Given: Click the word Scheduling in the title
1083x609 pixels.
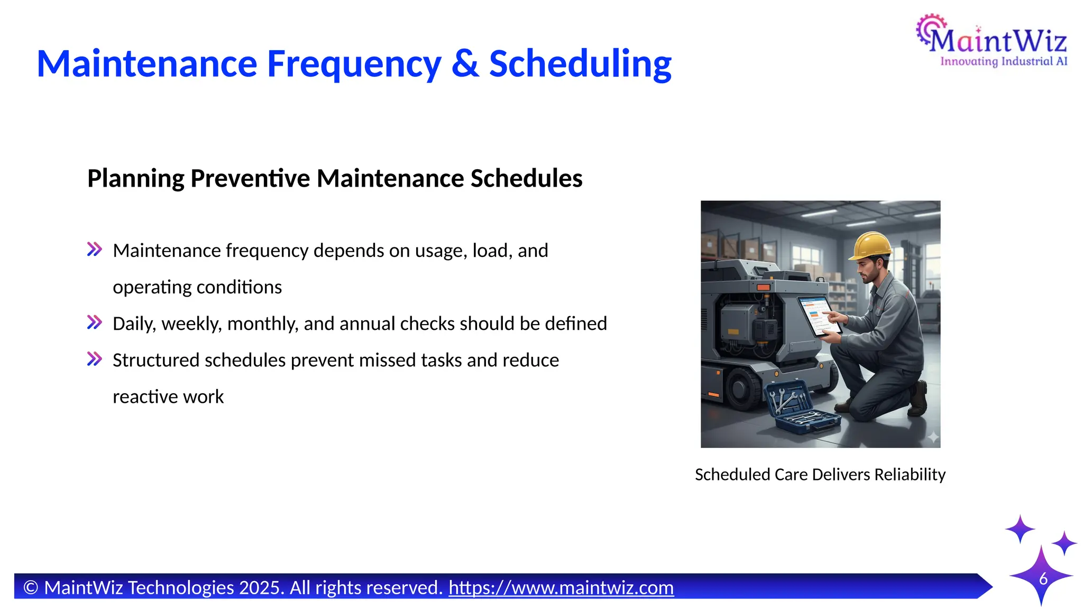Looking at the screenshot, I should pyautogui.click(x=580, y=64).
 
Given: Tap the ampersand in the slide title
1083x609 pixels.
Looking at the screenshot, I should pyautogui.click(x=465, y=64).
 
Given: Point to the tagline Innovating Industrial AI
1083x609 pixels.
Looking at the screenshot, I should pyautogui.click(x=1003, y=62).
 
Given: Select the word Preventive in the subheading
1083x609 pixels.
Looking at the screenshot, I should pyautogui.click(x=250, y=178).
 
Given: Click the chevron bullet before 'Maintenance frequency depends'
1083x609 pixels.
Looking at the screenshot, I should pyautogui.click(x=95, y=250).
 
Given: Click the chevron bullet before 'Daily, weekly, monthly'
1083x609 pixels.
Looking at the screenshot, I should pyautogui.click(x=95, y=322).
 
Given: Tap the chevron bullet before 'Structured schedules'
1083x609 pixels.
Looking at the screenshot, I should pyautogui.click(x=95, y=359).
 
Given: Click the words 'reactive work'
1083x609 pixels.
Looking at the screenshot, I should pyautogui.click(x=168, y=396).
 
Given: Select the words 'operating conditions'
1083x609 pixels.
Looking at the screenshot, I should pyautogui.click(x=197, y=287).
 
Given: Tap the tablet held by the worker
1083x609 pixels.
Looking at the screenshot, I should pyautogui.click(x=818, y=316).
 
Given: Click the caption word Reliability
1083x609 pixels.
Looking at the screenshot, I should pyautogui.click(x=910, y=475).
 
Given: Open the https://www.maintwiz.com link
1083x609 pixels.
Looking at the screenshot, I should pyautogui.click(x=561, y=588).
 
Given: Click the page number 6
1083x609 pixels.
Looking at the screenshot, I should pyautogui.click(x=1043, y=579).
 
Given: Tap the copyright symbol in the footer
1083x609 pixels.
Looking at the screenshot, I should pyautogui.click(x=31, y=588).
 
